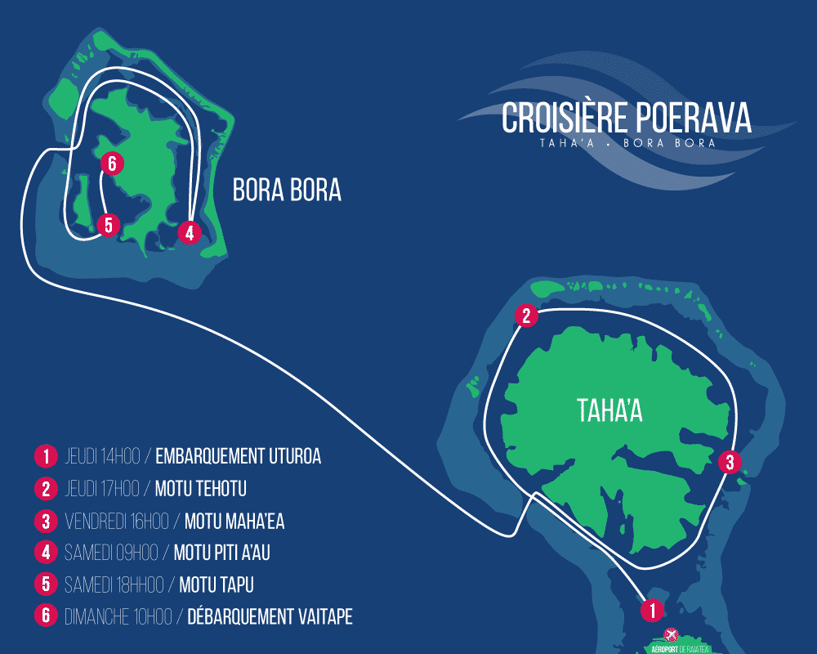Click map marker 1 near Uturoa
[x=652, y=610]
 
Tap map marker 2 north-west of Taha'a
[x=526, y=316]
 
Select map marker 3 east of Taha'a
[x=730, y=462]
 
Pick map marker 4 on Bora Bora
[x=190, y=233]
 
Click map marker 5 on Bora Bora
[x=109, y=225]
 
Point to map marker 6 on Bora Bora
[x=112, y=163]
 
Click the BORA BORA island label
[x=287, y=190]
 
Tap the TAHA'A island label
[x=609, y=410]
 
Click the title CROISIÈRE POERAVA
[x=627, y=118]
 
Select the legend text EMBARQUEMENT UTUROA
[x=238, y=456]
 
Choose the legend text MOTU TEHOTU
[x=201, y=489]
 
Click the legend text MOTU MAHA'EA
[x=234, y=521]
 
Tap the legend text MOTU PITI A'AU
[x=222, y=553]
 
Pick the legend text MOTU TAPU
[x=217, y=585]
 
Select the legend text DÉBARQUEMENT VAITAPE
[x=270, y=616]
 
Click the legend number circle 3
[x=46, y=521]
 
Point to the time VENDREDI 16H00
[x=117, y=521]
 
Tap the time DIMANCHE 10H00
[x=118, y=617]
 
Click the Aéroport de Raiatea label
[x=680, y=649]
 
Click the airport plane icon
[x=671, y=634]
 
